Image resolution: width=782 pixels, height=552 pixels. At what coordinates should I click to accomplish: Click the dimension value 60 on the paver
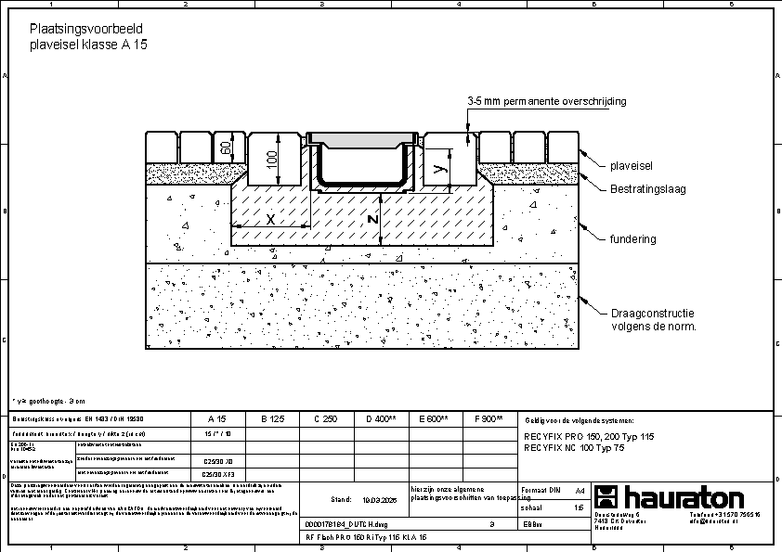coord(226,147)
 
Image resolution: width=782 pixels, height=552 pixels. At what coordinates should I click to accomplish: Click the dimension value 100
coord(272,159)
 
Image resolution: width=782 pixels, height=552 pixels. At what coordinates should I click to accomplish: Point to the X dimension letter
coord(269,220)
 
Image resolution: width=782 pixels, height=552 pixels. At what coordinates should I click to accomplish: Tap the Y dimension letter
coord(440,169)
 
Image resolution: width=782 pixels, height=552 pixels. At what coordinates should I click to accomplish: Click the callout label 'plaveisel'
coord(632,165)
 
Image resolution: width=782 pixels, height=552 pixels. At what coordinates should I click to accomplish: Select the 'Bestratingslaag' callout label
coord(647,189)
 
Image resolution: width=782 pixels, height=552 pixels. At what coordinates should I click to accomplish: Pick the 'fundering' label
coord(632,239)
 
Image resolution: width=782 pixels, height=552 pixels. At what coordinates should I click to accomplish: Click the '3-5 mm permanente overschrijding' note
coord(547,100)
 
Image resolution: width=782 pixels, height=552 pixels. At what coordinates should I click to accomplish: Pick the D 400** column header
coord(381,419)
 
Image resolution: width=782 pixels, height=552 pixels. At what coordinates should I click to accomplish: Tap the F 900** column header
coord(489,419)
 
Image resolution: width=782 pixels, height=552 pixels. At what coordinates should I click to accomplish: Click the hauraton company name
coord(682,496)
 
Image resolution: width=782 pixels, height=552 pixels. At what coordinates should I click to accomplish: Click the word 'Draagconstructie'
coord(653,314)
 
